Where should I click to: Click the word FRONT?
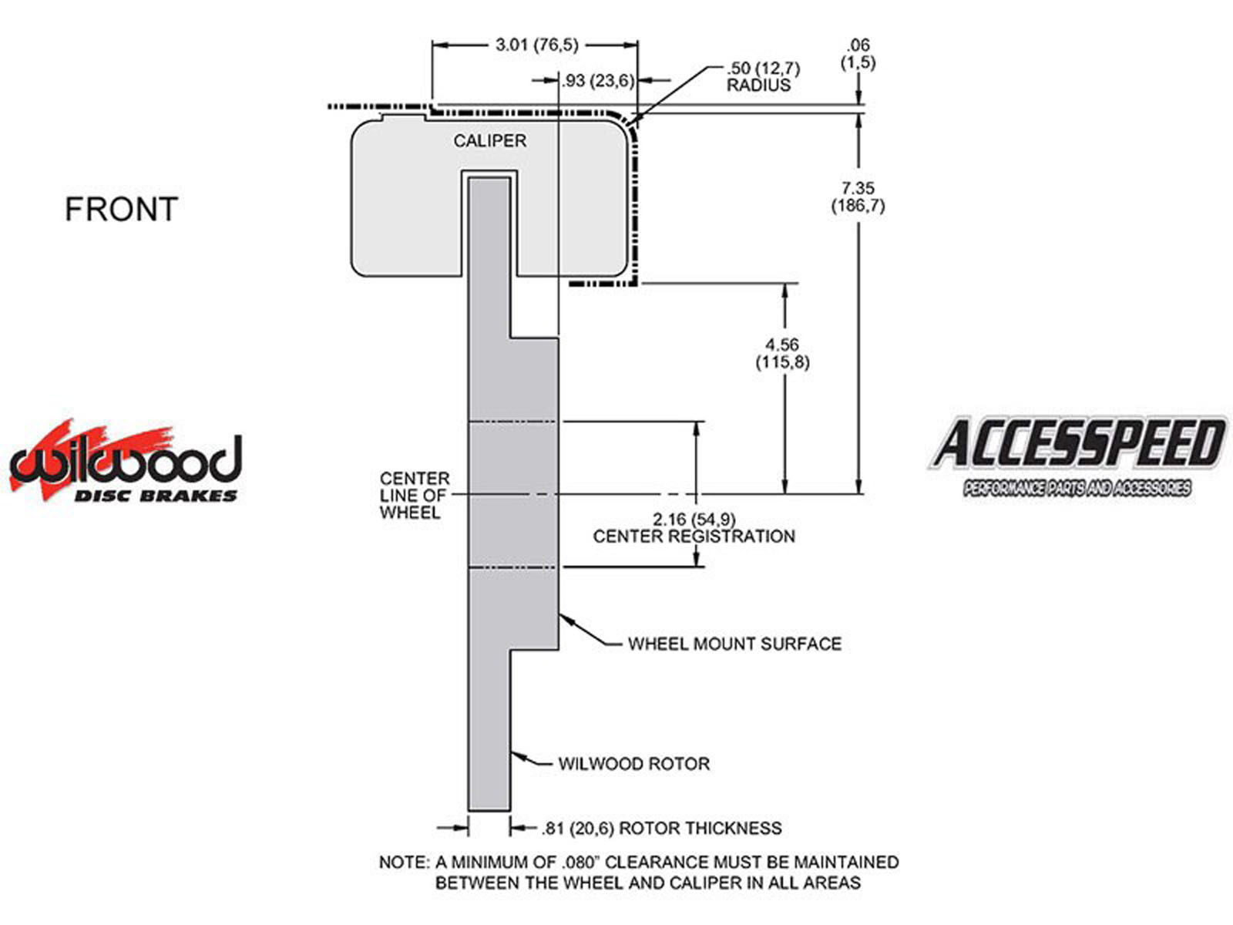coord(121,210)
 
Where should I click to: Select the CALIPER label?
coord(489,141)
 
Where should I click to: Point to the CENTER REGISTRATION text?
coord(694,536)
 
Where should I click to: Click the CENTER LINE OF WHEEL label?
coord(414,496)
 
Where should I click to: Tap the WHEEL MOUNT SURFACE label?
coord(734,644)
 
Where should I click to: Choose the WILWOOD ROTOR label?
coord(633,764)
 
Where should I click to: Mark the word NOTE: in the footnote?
coord(403,862)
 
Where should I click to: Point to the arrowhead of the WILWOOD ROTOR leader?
coord(515,755)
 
